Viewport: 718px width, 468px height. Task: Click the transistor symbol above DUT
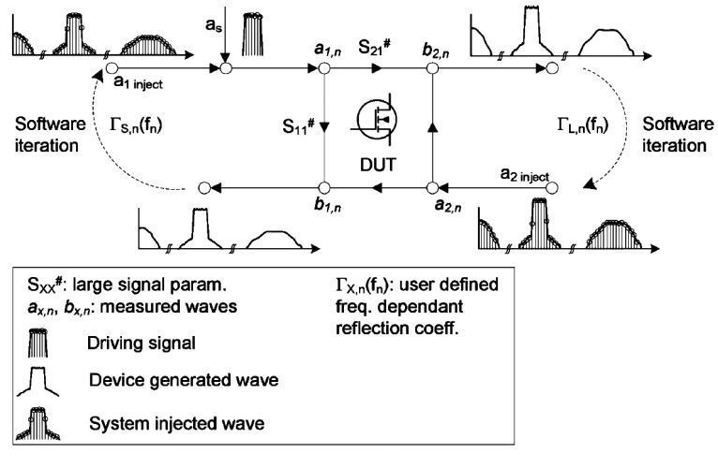[x=376, y=121]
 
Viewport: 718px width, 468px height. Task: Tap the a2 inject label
[x=521, y=171]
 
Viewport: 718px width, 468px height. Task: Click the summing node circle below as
[x=225, y=67]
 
